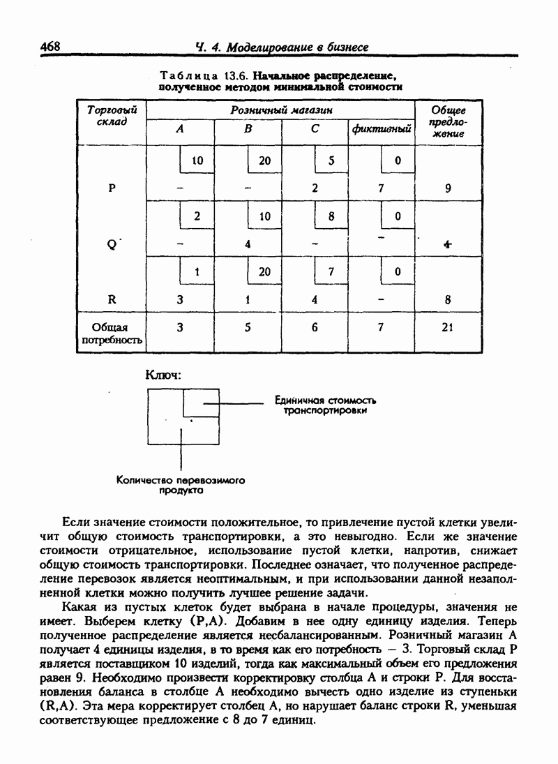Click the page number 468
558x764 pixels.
[50, 46]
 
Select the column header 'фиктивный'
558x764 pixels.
[381, 129]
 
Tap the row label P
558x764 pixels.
[112, 188]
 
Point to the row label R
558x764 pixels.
[112, 300]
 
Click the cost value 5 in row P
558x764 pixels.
[332, 160]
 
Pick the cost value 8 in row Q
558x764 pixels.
[332, 216]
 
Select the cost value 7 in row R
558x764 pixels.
[332, 272]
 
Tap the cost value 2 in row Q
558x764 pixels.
[198, 216]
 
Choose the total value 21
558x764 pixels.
[448, 327]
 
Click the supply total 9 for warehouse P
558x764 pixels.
[448, 188]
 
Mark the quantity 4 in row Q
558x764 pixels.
[248, 244]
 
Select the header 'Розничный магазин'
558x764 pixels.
[281, 110]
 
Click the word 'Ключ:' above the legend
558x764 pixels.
[163, 375]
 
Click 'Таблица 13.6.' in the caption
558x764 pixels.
[204, 75]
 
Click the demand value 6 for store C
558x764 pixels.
[315, 327]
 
